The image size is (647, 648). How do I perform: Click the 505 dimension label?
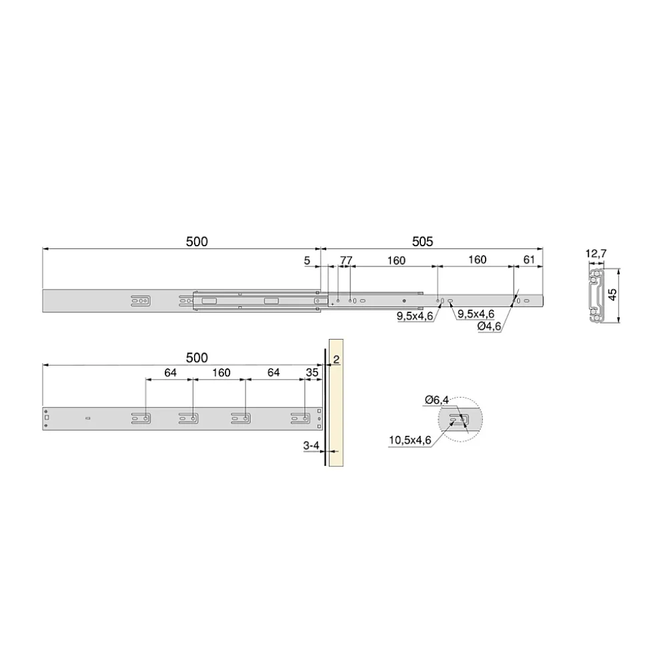(x=422, y=242)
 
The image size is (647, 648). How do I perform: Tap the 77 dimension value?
(x=346, y=260)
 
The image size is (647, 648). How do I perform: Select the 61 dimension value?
(x=529, y=260)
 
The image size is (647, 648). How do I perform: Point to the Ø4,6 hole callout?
(x=489, y=326)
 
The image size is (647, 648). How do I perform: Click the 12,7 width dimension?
(x=596, y=254)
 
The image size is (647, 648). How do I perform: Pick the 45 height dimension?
(x=613, y=295)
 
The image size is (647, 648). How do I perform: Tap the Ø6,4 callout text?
(x=437, y=400)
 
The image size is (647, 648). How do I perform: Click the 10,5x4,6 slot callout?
(x=410, y=440)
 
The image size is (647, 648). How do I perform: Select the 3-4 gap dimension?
(x=311, y=446)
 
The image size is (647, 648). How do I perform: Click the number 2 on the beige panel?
(x=336, y=360)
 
